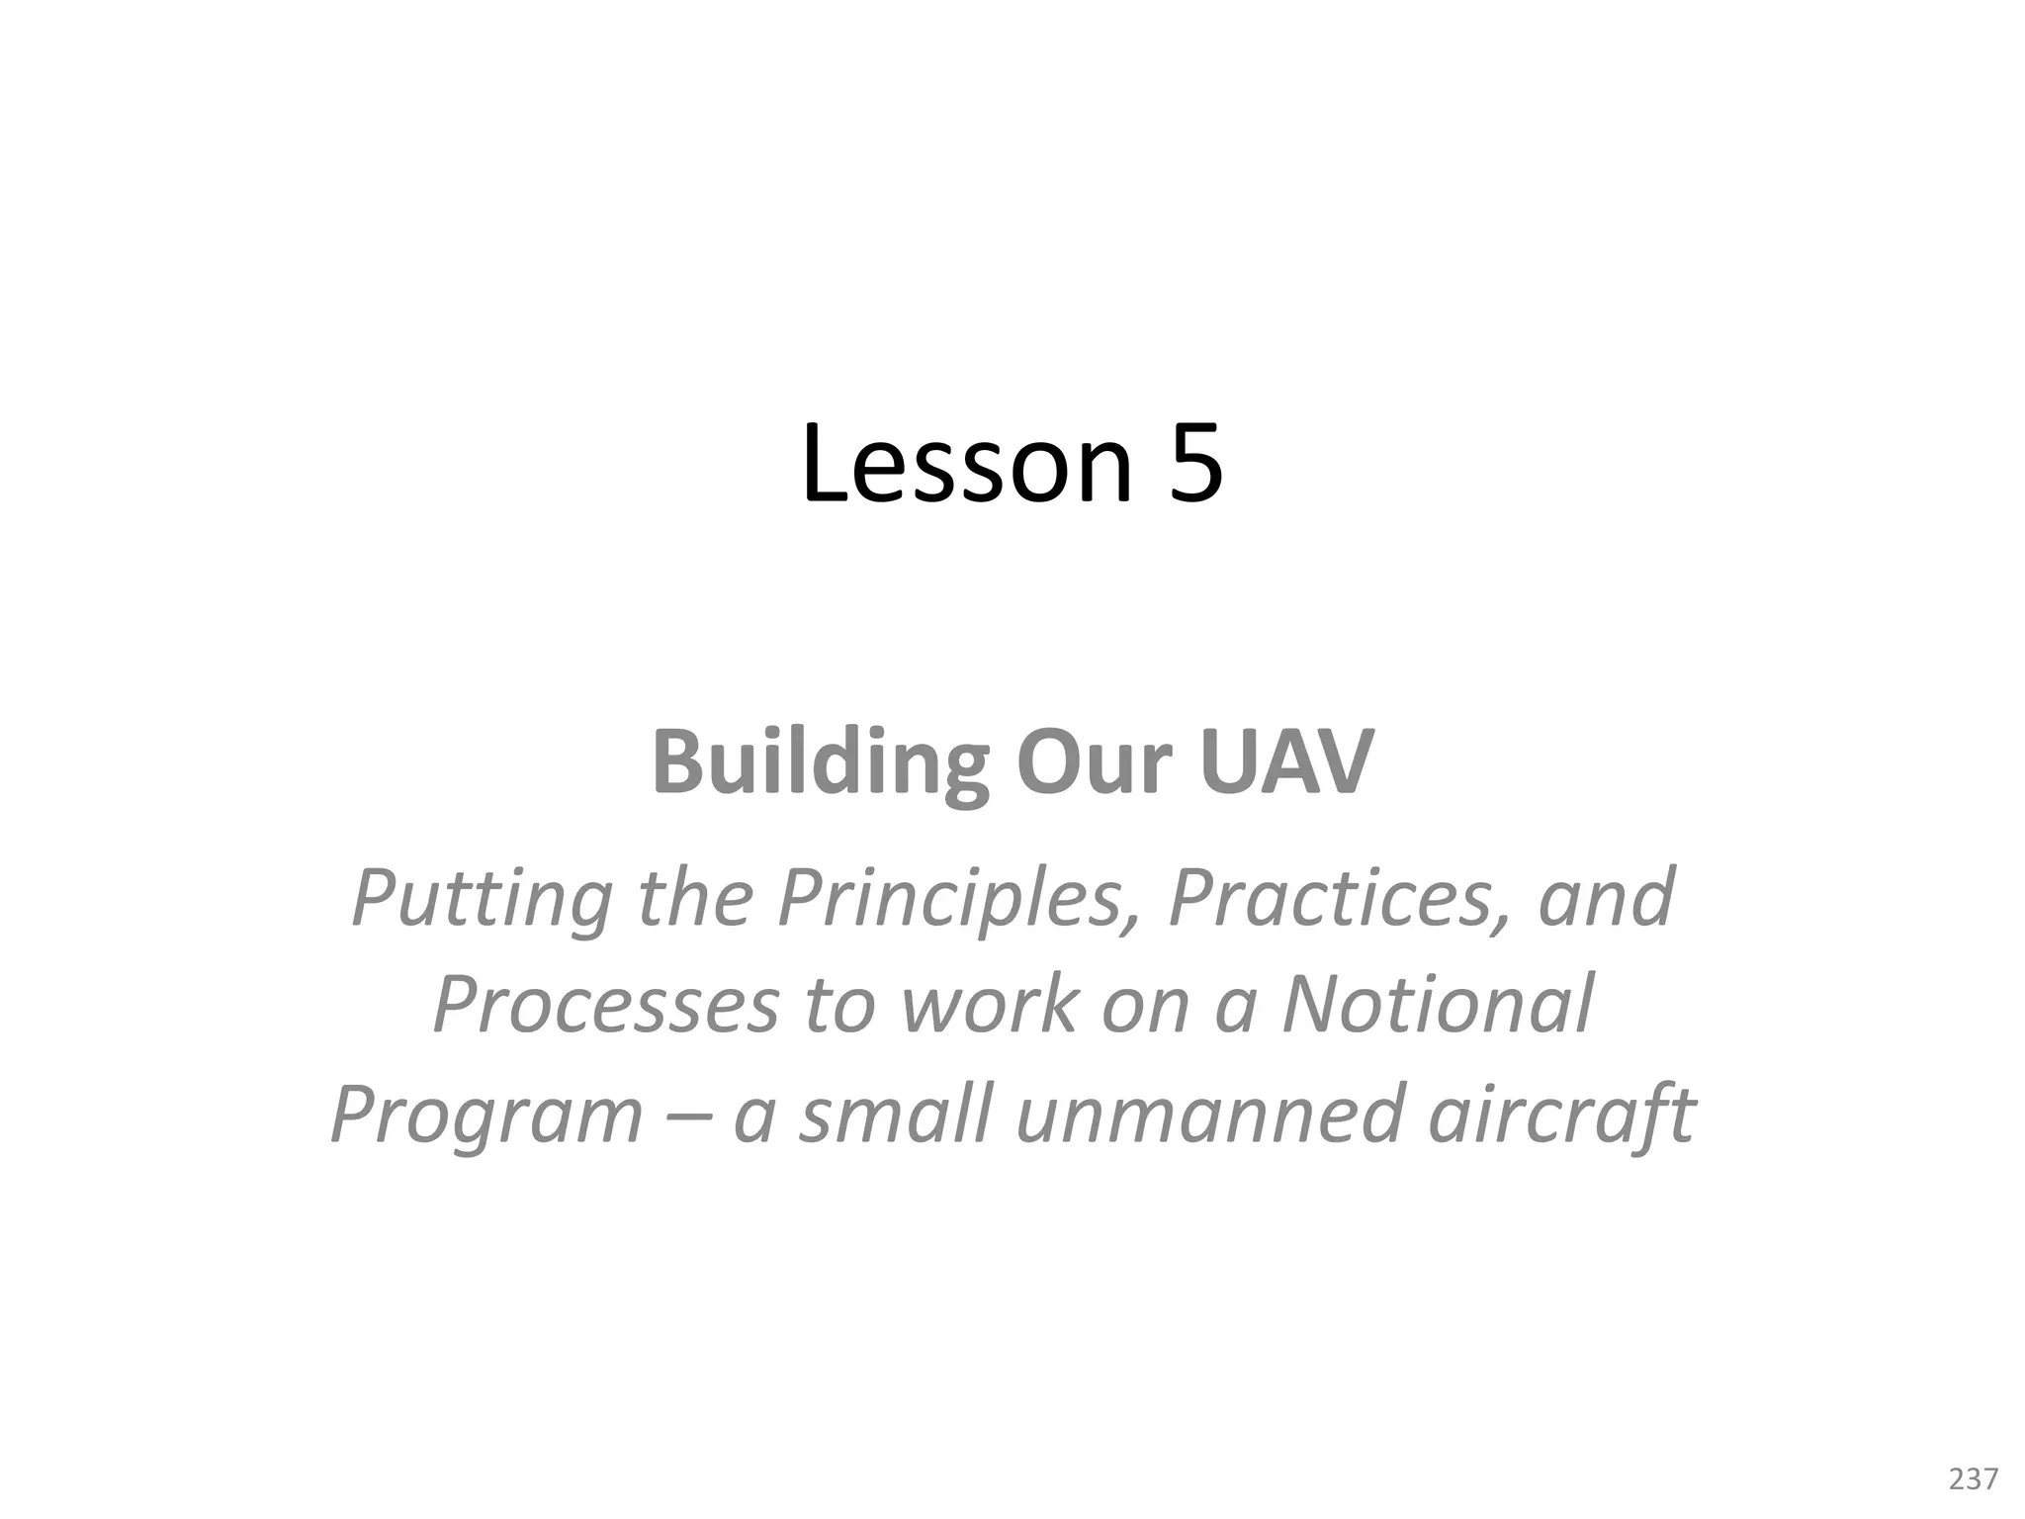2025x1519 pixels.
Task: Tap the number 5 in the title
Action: point(1195,463)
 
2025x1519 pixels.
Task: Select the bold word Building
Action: point(820,762)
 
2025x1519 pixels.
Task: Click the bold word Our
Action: point(1094,762)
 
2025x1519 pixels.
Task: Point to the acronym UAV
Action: point(1286,762)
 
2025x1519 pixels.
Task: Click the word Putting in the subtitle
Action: point(482,898)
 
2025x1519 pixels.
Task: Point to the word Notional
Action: point(1439,1005)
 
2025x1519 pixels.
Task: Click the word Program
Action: point(486,1114)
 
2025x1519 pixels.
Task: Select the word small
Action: point(895,1114)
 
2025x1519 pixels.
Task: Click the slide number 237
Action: point(1973,1479)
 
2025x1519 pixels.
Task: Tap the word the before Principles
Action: point(695,898)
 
